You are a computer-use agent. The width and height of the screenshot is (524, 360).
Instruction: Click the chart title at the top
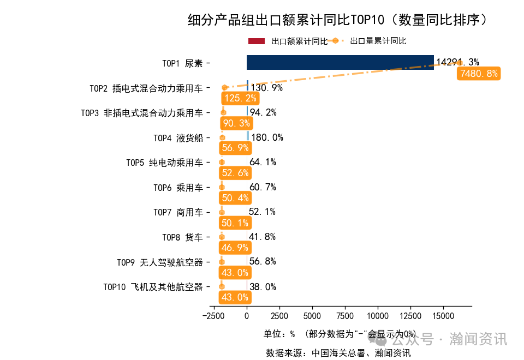(x=337, y=21)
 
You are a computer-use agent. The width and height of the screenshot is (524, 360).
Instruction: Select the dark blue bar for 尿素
(x=340, y=63)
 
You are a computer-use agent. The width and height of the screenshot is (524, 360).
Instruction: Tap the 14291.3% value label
(x=457, y=63)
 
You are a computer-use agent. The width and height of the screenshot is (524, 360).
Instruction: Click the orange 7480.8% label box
(x=479, y=74)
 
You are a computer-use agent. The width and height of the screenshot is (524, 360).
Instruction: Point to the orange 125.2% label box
(x=240, y=99)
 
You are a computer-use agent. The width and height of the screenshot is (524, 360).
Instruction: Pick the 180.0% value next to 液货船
(x=267, y=137)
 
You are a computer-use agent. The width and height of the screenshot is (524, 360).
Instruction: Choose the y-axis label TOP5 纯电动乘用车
(x=164, y=163)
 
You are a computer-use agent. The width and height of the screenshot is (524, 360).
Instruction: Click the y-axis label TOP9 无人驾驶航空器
(x=160, y=262)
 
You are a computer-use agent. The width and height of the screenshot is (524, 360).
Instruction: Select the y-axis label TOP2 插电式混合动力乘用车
(x=146, y=88)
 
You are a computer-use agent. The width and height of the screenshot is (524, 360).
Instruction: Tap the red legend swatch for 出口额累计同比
(x=257, y=41)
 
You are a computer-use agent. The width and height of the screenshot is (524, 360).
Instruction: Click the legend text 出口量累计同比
(x=378, y=41)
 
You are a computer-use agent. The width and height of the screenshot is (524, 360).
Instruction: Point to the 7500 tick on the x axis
(x=344, y=316)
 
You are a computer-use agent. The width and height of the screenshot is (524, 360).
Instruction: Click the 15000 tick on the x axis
(x=443, y=316)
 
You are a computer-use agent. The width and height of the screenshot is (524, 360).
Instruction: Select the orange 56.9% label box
(x=235, y=148)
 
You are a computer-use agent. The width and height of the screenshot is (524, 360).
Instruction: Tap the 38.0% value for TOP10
(x=263, y=287)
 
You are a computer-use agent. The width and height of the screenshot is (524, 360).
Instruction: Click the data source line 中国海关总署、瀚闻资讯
(x=338, y=353)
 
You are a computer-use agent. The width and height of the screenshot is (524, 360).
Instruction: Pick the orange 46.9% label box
(x=235, y=248)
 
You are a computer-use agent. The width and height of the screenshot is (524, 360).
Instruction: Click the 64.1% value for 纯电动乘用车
(x=263, y=162)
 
